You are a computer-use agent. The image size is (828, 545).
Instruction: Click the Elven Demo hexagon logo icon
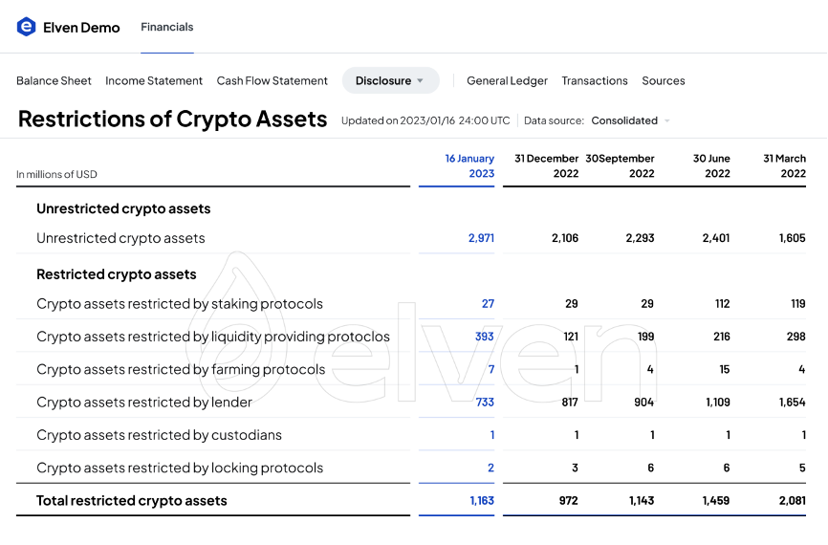26,27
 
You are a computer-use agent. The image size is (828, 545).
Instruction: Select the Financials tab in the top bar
167,27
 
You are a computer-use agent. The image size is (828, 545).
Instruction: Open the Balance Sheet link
54,81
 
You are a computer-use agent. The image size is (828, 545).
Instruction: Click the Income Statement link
154,81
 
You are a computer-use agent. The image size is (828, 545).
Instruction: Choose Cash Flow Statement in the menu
272,81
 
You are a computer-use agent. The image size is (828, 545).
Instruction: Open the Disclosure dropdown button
390,81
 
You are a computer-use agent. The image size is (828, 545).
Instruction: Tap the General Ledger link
507,81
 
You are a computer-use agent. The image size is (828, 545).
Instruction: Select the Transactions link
595,81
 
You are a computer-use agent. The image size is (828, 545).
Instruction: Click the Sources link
664,81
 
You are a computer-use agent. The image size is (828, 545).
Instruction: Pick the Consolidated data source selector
630,120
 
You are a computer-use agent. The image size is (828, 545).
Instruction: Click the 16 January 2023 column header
469,165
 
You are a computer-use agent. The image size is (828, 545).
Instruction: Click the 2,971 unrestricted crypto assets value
481,238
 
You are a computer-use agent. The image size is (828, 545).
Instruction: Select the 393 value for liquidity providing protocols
484,337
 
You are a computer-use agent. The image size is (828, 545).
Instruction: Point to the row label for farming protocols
181,369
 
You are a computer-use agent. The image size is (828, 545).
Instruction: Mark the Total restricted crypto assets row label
132,501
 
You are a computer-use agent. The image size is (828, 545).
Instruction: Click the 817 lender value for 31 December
570,403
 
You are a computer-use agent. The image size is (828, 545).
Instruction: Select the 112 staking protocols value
722,304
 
